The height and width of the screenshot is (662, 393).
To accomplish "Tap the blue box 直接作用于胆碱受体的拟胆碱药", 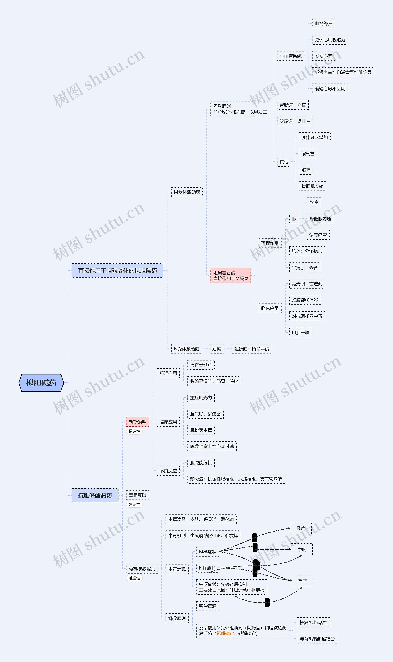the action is tap(117, 270).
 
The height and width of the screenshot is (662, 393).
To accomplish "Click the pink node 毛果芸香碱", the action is tap(230, 275).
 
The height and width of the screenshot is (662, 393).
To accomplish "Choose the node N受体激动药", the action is tap(186, 349).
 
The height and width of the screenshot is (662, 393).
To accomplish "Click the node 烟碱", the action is tap(217, 349).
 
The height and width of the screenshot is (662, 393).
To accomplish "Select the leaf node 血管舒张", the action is tap(323, 23).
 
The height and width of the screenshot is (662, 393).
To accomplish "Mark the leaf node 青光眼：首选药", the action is tap(307, 284).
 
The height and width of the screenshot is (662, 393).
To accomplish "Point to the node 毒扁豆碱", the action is tap(137, 495).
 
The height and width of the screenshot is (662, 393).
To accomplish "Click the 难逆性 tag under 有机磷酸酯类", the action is tap(134, 578).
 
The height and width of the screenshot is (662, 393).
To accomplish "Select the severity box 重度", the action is tap(302, 581).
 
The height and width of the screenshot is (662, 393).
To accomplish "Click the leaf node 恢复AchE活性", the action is tap(313, 622).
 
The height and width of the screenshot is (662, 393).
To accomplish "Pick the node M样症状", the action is tap(208, 552).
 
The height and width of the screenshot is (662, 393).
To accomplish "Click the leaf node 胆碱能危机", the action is tap(201, 462).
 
